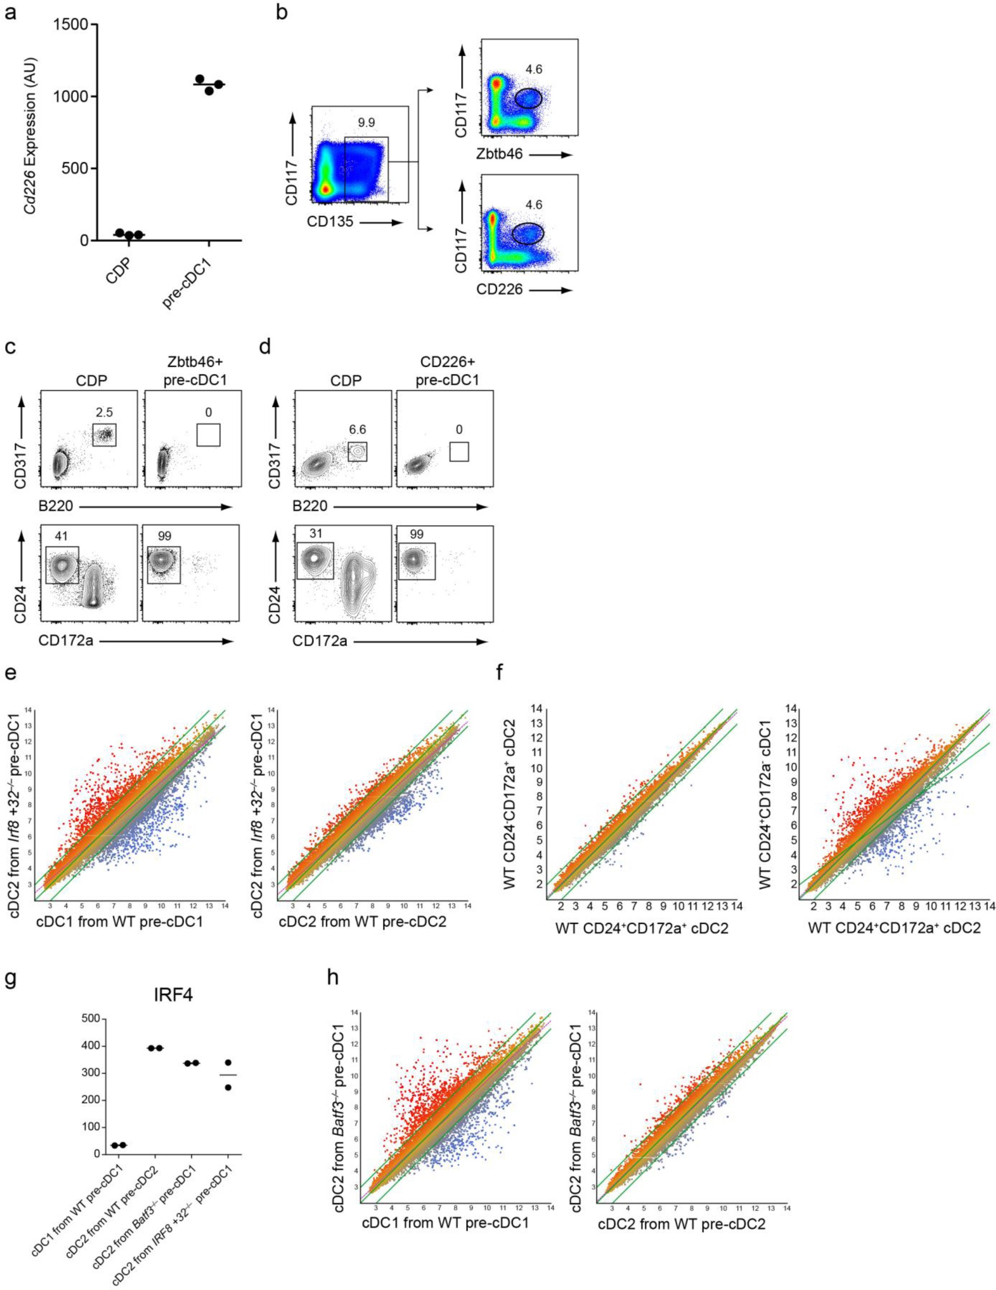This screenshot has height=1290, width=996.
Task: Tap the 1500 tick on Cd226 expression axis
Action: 73,25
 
